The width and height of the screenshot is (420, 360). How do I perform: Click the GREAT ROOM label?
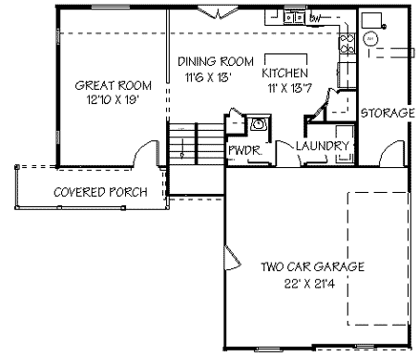click(100, 85)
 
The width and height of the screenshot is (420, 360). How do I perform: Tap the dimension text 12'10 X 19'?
click(100, 98)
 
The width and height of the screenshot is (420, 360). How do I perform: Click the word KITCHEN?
click(284, 73)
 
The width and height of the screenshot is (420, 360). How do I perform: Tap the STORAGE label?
click(388, 113)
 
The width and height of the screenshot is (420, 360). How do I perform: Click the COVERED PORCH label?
click(100, 192)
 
